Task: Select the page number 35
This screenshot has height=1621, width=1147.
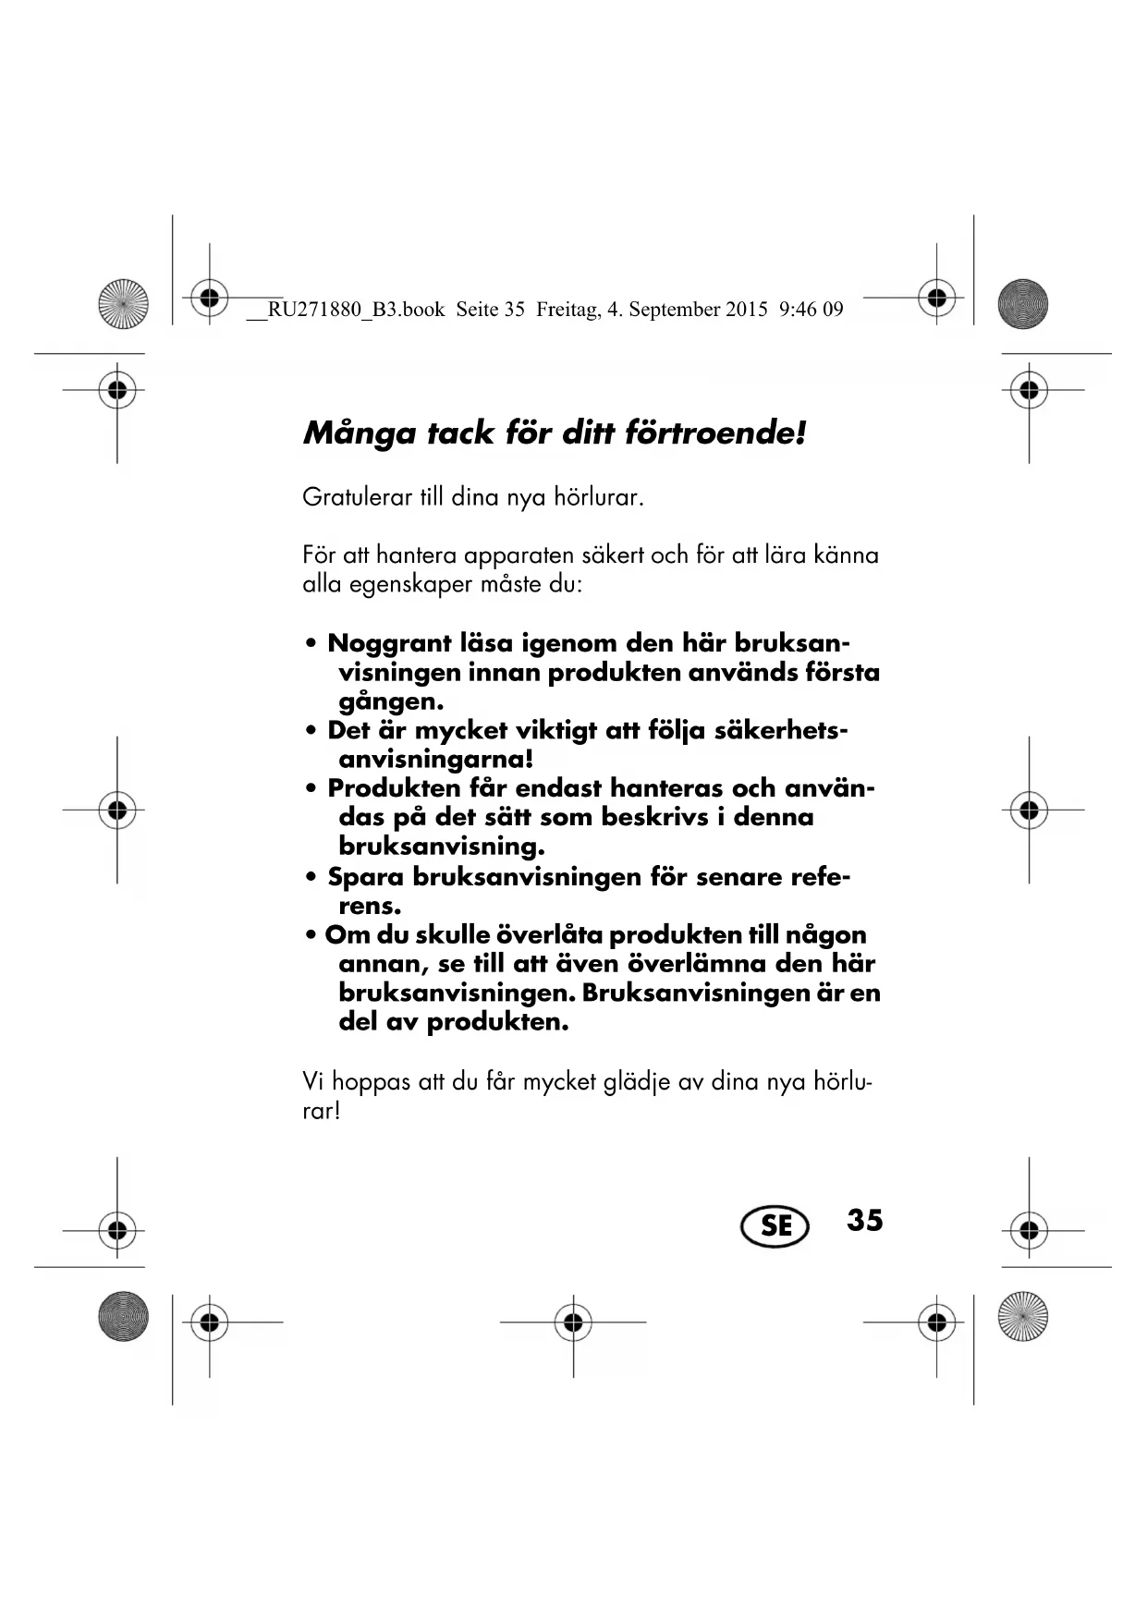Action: click(864, 1220)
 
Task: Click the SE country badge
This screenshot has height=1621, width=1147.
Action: click(775, 1225)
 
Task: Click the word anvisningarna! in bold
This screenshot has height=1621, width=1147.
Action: click(436, 760)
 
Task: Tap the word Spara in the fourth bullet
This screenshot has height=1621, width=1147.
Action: click(366, 877)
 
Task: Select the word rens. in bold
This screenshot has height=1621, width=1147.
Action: click(370, 906)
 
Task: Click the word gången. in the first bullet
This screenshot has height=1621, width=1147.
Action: click(391, 701)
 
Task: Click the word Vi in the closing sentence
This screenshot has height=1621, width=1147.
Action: click(312, 1081)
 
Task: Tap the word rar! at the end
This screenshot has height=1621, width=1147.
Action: click(322, 1111)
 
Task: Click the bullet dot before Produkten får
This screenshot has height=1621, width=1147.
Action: click(311, 789)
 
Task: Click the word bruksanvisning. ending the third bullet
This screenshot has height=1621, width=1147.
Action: click(442, 847)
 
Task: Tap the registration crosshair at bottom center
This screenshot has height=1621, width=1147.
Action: click(573, 1322)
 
